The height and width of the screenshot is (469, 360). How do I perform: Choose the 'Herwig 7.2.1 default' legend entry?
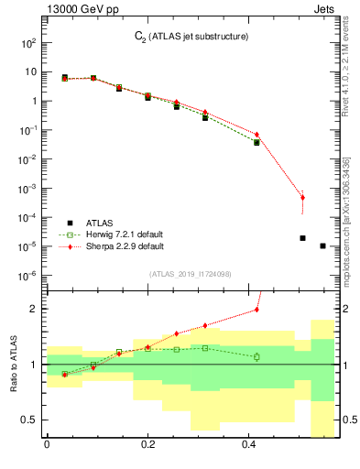click(115, 234)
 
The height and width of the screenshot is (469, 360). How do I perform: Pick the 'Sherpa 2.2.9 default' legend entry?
click(115, 246)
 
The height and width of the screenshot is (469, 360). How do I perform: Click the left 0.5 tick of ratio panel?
click(29, 420)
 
